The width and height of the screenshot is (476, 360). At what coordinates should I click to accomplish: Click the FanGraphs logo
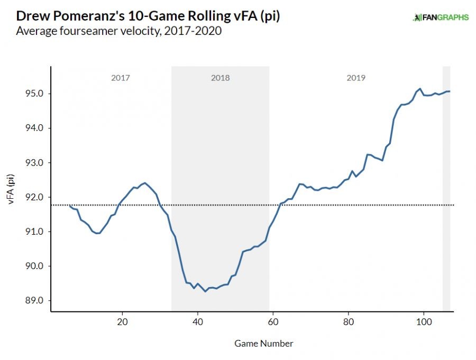pos(441,17)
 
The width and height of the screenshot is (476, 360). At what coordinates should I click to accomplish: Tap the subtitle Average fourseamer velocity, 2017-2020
pos(118,31)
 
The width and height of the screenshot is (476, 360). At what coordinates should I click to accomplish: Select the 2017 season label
pos(120,78)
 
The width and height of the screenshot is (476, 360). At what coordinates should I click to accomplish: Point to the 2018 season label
pos(220,78)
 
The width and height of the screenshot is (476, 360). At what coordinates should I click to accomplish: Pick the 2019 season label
pos(356,78)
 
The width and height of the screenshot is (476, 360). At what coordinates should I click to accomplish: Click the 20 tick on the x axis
pos(122,321)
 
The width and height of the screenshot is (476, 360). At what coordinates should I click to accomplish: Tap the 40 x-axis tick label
pos(197,321)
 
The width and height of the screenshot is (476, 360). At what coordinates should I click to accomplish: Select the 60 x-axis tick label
pos(273,321)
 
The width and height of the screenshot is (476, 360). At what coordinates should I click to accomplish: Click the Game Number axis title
pos(263,343)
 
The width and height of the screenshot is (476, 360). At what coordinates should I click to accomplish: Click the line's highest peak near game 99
pos(420,89)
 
